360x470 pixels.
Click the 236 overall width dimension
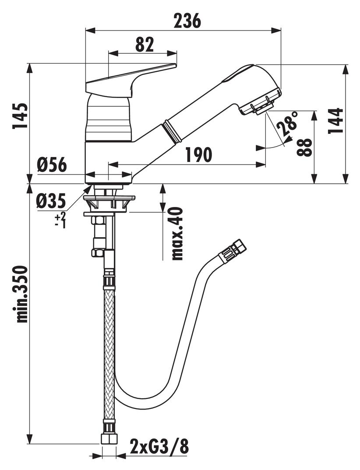click(187, 21)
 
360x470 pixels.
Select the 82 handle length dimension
click(144, 44)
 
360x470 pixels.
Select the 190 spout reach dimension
click(198, 154)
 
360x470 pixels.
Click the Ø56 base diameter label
click(52, 165)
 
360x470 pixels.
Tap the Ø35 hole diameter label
click(51, 201)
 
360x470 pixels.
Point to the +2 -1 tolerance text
click(60, 219)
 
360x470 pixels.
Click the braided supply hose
click(108, 350)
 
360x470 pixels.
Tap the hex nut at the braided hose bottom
click(108, 438)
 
